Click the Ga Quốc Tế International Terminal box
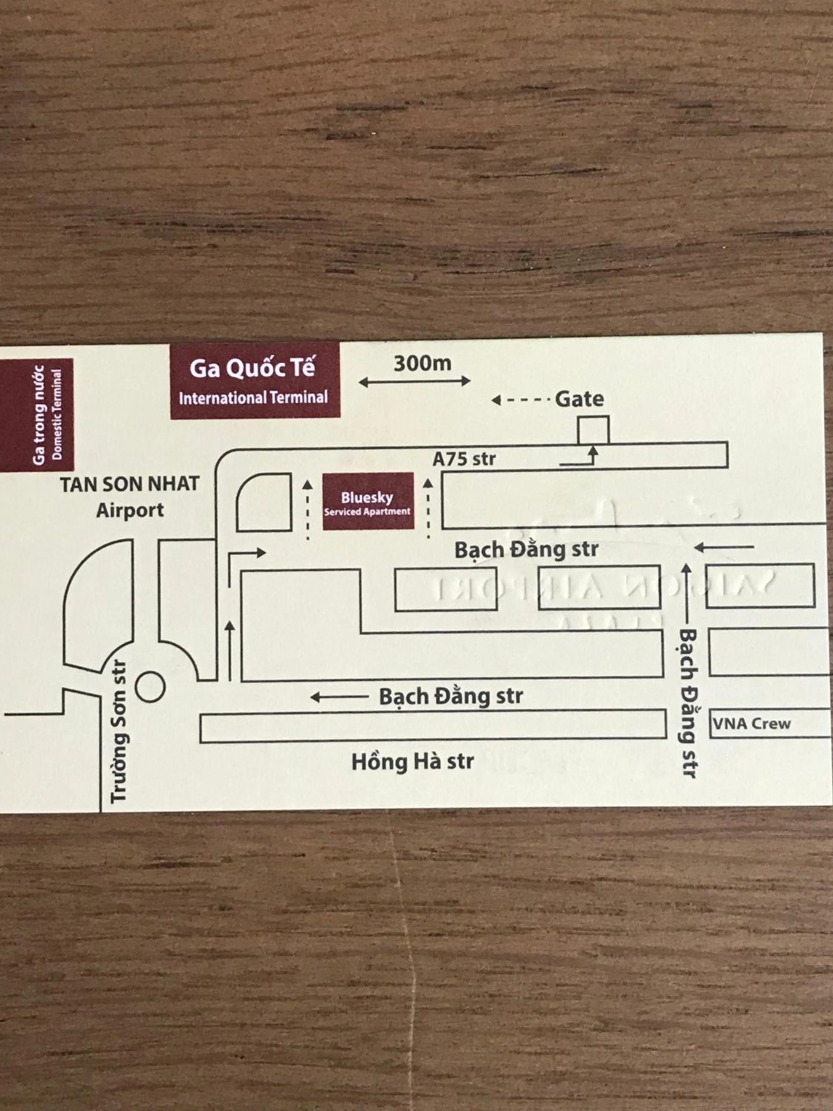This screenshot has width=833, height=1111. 255,381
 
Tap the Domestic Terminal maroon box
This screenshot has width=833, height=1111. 37,415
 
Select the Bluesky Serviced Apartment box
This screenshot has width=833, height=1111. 368,502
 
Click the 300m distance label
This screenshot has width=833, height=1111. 422,364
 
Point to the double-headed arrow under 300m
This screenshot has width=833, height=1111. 415,382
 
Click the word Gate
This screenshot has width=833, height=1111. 579,399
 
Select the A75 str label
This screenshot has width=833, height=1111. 464,458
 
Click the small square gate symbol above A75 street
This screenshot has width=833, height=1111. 593,430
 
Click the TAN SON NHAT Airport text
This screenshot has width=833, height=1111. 130,497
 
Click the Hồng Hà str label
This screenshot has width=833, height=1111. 412,762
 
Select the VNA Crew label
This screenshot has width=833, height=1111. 752,723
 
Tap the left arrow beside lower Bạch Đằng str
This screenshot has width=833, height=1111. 339,697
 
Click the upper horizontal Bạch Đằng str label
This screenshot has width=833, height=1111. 526,550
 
